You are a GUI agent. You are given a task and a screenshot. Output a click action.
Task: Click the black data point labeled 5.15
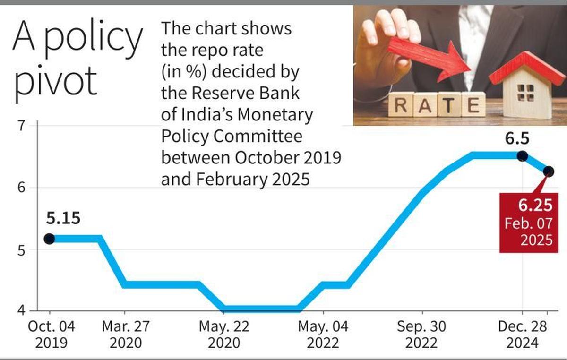point(49,239)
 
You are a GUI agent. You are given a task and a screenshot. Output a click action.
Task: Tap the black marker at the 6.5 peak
point(522,156)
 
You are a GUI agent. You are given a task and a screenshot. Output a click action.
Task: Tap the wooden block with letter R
point(401,105)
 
